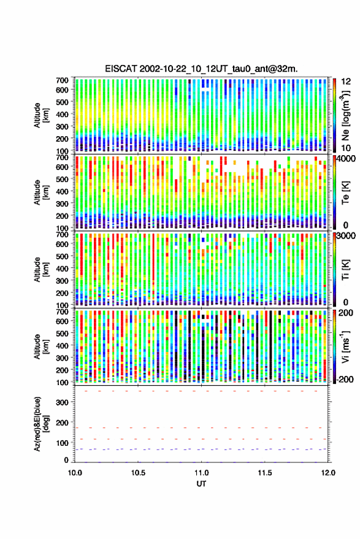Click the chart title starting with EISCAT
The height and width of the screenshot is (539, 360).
(x=201, y=69)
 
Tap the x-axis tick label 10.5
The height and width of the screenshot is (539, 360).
(x=138, y=473)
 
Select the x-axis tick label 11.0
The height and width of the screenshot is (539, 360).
(x=202, y=473)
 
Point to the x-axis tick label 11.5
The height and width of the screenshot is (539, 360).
(x=265, y=473)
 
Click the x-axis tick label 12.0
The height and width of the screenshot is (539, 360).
(x=328, y=473)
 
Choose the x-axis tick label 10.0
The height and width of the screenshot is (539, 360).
(x=75, y=473)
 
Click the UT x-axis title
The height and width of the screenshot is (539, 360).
(x=202, y=484)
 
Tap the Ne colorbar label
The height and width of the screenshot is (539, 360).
(x=345, y=115)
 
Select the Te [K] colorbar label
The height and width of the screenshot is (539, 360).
(x=345, y=193)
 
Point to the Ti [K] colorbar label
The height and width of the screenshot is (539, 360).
(x=345, y=270)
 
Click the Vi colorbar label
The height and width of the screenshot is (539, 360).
(x=345, y=346)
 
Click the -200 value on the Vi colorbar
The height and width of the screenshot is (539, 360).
(x=345, y=379)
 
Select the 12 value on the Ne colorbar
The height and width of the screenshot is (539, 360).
(x=346, y=82)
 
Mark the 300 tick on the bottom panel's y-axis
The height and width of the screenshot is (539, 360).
(x=62, y=402)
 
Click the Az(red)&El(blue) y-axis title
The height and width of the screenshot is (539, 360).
(x=41, y=424)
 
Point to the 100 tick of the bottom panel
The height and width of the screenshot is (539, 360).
(x=62, y=443)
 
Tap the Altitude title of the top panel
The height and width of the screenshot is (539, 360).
(x=41, y=115)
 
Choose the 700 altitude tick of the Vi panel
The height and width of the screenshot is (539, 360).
(x=62, y=312)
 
